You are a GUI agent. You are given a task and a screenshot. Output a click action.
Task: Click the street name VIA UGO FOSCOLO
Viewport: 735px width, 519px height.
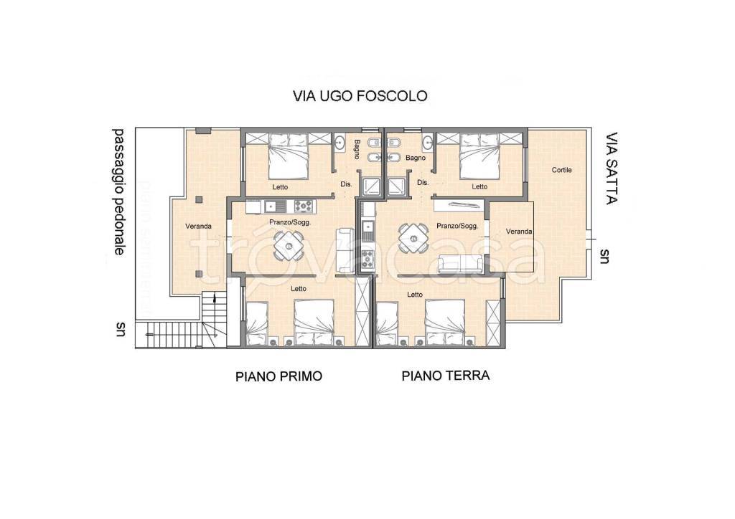tap(360, 95)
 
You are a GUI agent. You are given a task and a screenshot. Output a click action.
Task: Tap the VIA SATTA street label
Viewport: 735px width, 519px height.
tap(611, 168)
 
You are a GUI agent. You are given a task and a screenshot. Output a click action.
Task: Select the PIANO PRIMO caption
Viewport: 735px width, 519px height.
tap(278, 376)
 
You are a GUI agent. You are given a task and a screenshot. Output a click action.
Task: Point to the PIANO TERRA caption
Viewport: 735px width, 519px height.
tap(445, 375)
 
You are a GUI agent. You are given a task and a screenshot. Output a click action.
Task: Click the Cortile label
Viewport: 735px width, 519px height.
tap(561, 170)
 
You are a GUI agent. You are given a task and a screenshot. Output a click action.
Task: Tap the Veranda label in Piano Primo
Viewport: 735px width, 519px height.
tap(198, 227)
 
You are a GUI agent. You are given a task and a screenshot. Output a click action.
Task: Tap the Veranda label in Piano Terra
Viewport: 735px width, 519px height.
tap(518, 232)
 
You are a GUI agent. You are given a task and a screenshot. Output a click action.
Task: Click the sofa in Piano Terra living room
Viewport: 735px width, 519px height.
tap(460, 264)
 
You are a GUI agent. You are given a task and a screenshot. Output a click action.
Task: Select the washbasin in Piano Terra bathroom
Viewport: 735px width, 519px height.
tap(428, 141)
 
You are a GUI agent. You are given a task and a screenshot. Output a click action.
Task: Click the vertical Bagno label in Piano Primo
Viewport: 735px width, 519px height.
tap(357, 150)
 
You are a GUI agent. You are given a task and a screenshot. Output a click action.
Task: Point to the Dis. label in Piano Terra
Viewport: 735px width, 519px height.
tap(423, 183)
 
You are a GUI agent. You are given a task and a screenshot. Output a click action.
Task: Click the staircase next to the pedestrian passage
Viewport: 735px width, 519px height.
tap(213, 319)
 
